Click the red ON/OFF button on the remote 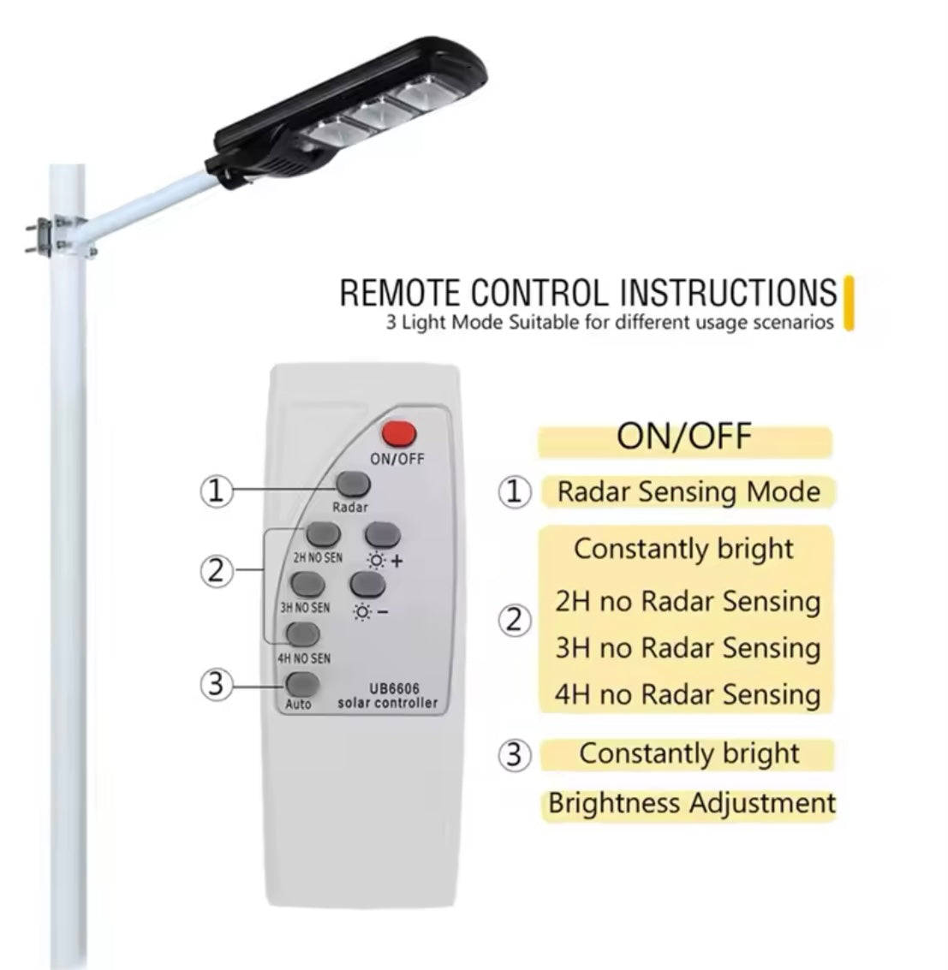397,434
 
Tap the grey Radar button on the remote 351,485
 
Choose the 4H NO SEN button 303,634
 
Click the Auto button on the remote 302,685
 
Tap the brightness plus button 383,535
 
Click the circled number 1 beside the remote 217,491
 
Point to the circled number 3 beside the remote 217,685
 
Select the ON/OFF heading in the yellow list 683,437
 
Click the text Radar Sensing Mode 688,492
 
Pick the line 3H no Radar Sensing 688,647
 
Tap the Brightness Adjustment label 691,804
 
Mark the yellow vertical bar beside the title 849,302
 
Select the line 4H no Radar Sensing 688,693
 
